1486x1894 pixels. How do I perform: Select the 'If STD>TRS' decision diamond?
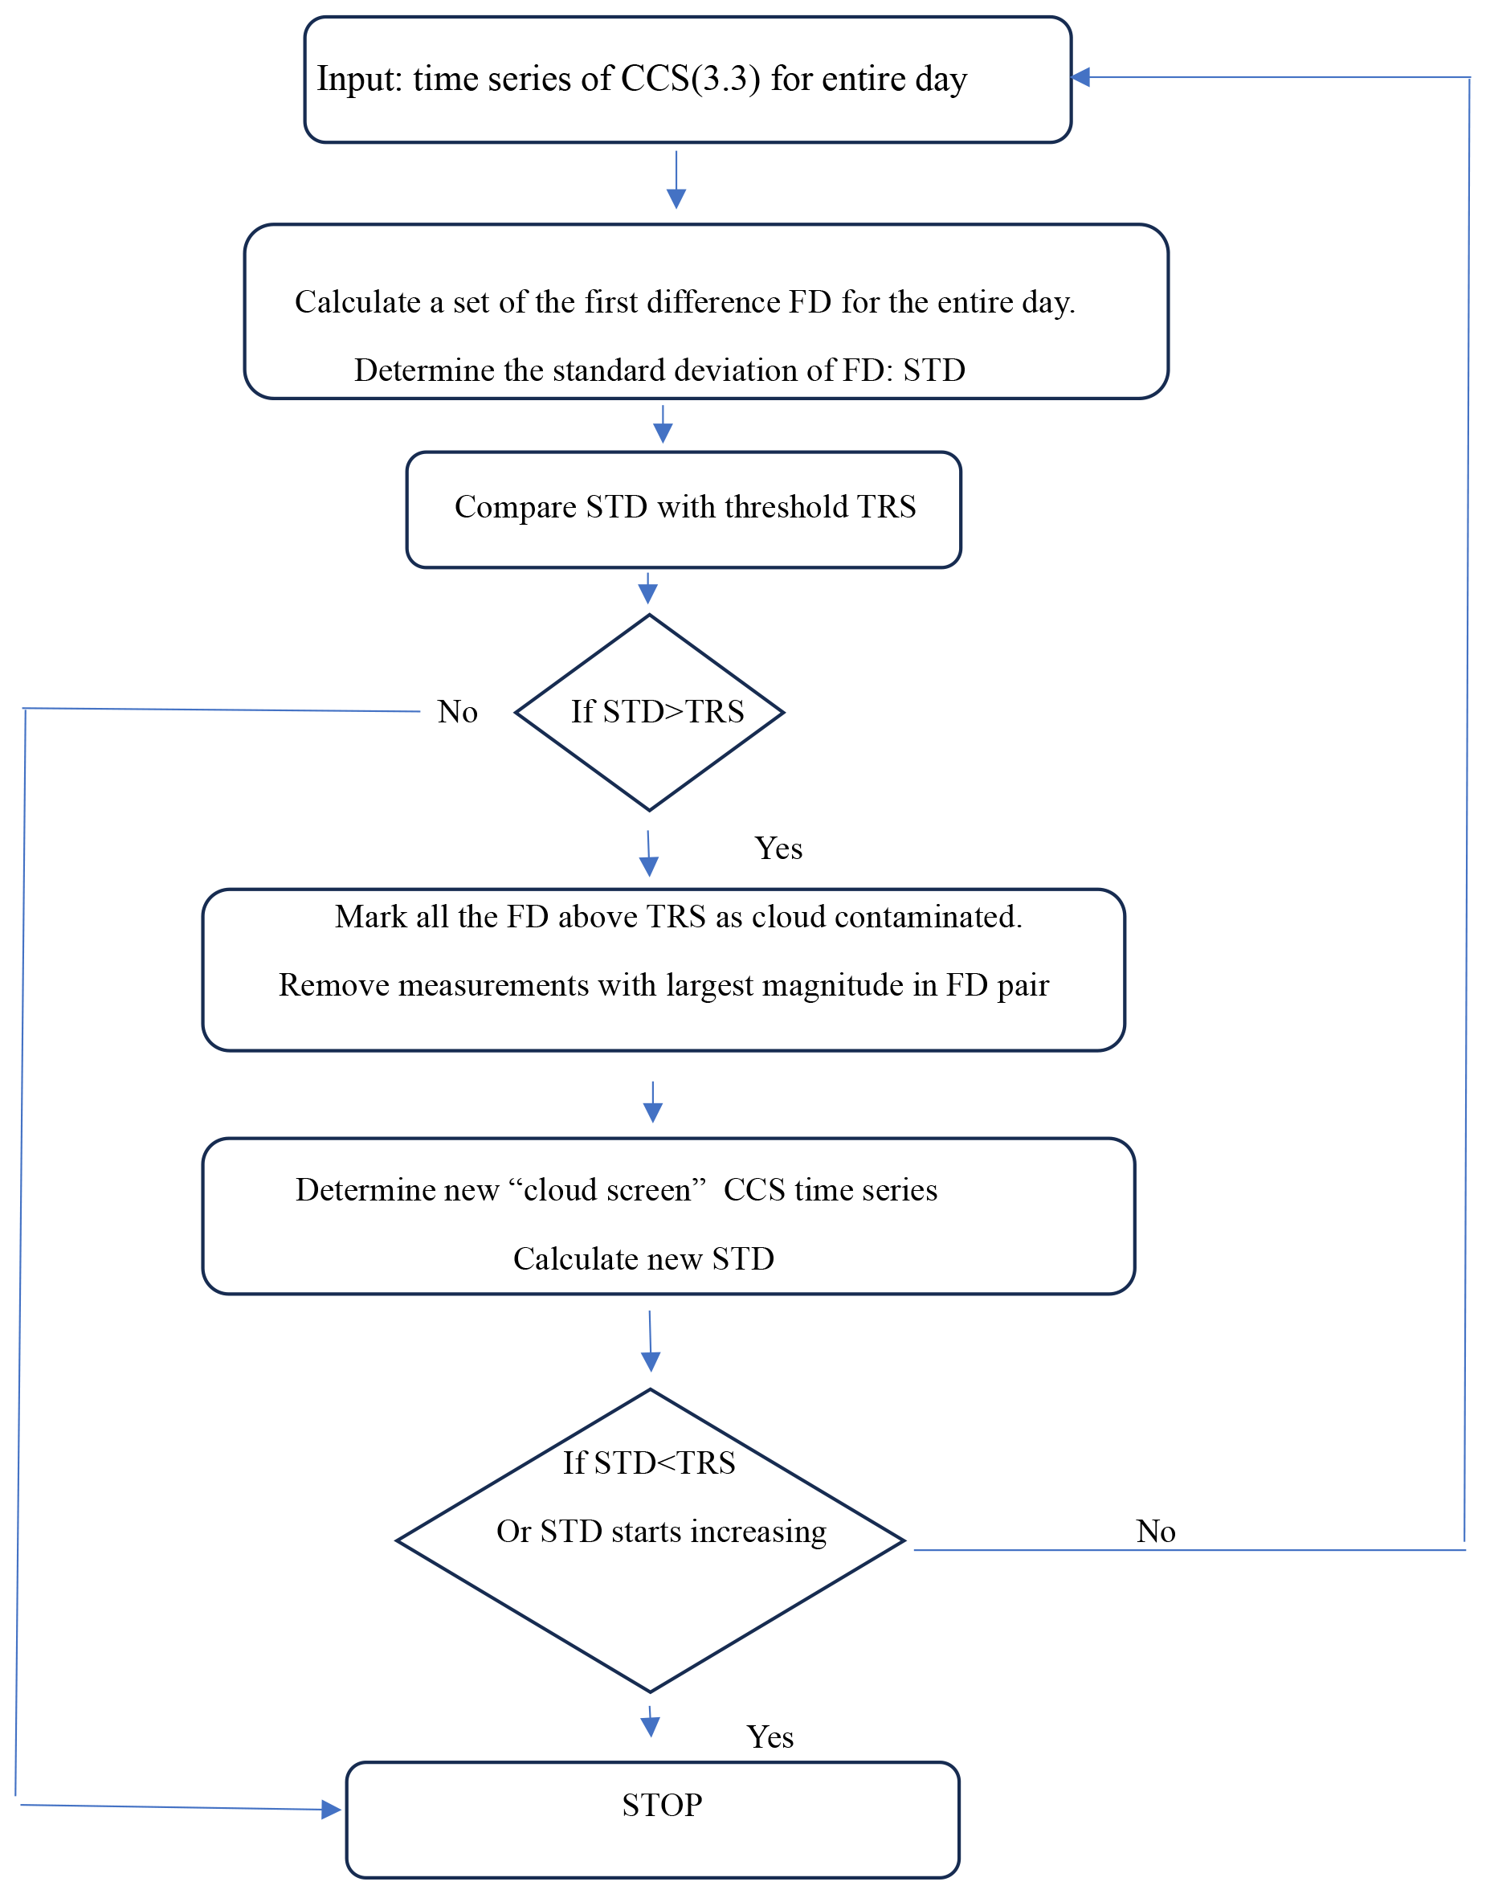[x=650, y=713]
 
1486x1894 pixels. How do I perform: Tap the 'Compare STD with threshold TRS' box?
[x=684, y=510]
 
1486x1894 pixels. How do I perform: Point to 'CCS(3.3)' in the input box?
[x=691, y=80]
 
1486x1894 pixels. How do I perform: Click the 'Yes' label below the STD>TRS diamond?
[x=778, y=849]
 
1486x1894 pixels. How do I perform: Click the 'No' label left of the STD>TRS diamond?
[x=458, y=712]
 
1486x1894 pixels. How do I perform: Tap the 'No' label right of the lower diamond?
[x=1156, y=1532]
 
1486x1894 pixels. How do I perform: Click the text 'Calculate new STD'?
[x=644, y=1259]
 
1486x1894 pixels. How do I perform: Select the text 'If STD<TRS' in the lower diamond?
[x=649, y=1463]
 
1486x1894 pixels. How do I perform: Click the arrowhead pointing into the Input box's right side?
[x=1080, y=77]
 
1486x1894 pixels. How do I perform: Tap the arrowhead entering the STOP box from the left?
[x=331, y=1810]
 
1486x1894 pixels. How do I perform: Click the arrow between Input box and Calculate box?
[x=676, y=180]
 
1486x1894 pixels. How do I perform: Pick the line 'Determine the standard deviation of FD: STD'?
[x=659, y=370]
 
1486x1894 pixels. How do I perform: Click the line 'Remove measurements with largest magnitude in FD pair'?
[x=663, y=985]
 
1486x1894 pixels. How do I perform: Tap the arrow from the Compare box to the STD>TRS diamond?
[x=647, y=588]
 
